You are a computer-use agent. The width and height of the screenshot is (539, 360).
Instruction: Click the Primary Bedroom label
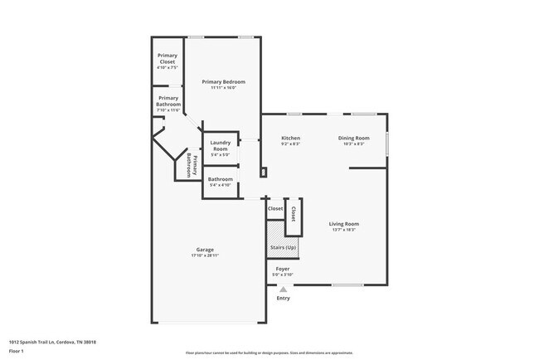(223, 83)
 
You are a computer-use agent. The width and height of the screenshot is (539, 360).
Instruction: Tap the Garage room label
(205, 250)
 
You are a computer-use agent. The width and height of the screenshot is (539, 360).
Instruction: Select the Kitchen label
(290, 138)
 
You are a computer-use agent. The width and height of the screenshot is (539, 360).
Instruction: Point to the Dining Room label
(353, 138)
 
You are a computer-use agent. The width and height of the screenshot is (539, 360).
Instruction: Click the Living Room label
(343, 224)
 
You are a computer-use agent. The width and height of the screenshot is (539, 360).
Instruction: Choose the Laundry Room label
(220, 145)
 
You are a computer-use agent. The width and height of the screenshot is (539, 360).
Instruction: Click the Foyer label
(283, 269)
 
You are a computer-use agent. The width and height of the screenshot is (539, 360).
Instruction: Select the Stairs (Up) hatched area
(283, 247)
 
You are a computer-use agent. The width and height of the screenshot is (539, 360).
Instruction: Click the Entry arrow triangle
(283, 289)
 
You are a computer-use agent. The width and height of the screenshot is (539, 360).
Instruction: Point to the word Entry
(284, 298)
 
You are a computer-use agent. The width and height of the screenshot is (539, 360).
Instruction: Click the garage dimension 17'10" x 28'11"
(205, 255)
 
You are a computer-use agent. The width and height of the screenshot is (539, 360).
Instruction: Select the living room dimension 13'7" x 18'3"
(343, 230)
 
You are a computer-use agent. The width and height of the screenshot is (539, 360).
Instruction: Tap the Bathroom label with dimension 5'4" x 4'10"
(220, 179)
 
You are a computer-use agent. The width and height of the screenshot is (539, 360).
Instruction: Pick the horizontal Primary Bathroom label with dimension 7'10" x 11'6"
(167, 102)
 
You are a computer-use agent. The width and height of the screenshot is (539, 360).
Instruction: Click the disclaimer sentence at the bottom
(269, 353)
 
